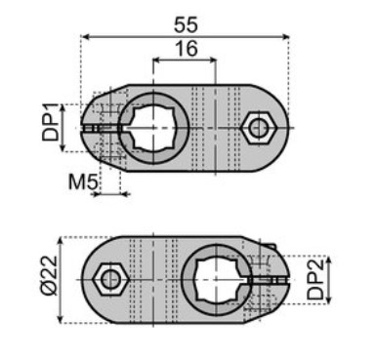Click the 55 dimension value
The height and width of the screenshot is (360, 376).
(x=186, y=24)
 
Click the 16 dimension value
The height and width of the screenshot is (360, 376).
(x=187, y=49)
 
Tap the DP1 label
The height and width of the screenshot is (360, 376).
(x=51, y=122)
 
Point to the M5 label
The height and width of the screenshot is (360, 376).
(x=83, y=181)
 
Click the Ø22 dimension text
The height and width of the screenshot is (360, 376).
(x=49, y=275)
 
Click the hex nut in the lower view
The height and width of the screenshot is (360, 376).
(x=110, y=279)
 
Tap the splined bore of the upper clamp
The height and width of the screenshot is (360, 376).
(x=152, y=128)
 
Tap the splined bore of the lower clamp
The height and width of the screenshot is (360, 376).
(x=216, y=280)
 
